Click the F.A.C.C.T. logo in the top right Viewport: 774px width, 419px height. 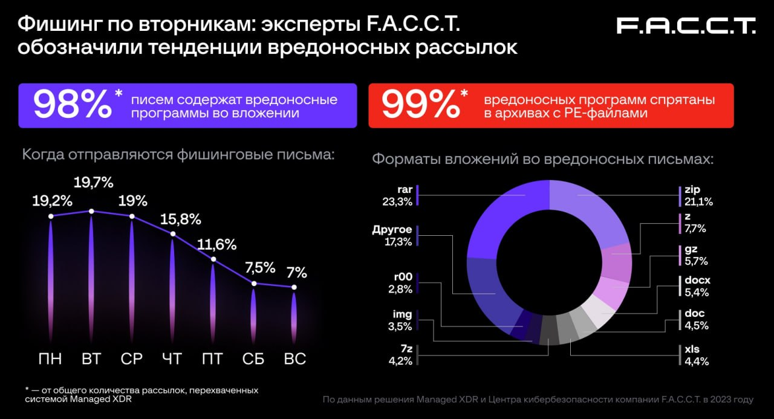coord(686,25)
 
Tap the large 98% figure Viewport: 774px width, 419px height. coord(73,105)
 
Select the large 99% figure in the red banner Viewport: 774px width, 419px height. coord(420,105)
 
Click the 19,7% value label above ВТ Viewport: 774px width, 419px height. coord(94,183)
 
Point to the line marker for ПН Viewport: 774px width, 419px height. coord(51,216)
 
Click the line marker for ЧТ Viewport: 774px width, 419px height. coord(173,234)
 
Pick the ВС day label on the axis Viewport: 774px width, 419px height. coord(294,359)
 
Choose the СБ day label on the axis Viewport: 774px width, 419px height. coord(253,359)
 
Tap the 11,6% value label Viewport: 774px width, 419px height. coord(217,245)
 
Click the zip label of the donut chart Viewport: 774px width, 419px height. coord(693,190)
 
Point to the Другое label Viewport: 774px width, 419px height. coord(392,230)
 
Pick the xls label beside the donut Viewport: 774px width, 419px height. coord(693,349)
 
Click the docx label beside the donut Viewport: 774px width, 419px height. coord(697,281)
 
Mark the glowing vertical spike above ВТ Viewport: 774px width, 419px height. coord(91,272)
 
